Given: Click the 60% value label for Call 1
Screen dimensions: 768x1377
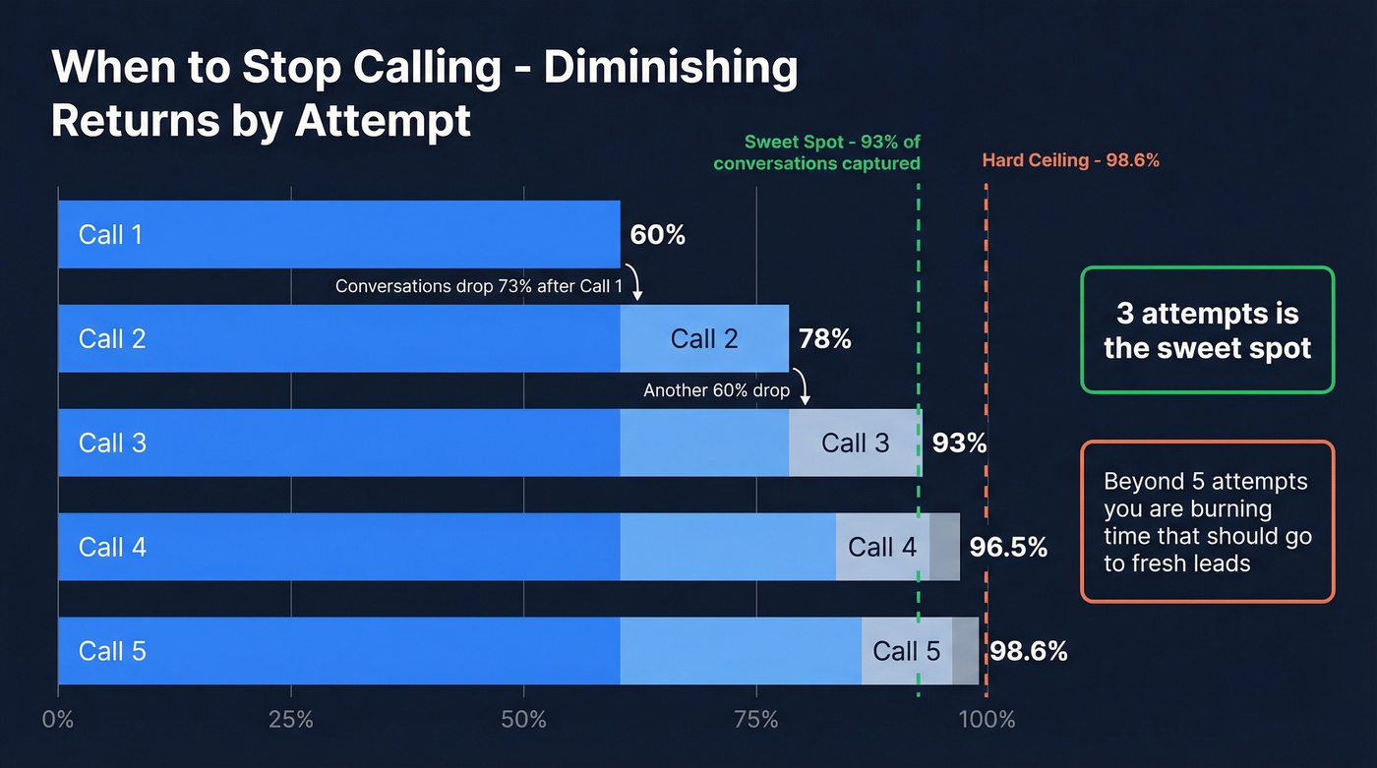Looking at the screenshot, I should pos(657,235).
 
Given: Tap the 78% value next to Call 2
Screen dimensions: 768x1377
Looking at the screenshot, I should pos(825,339).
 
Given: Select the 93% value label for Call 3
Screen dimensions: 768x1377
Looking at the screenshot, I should pos(959,443).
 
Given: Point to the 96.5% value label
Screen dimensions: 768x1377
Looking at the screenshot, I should pos(1008,548).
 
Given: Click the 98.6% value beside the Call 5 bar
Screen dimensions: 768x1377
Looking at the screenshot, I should pos(1028,651).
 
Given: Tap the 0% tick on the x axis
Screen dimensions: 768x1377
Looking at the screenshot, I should pos(58,719).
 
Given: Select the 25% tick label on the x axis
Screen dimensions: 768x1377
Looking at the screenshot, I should pos(290,719).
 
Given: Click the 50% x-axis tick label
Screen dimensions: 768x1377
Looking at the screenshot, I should pos(523,719).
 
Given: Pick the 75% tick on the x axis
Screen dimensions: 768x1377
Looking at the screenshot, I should pos(755,719).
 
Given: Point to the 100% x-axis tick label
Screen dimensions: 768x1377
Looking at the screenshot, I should pos(986,719).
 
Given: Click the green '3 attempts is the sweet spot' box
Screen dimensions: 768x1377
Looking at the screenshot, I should pos(1207,330).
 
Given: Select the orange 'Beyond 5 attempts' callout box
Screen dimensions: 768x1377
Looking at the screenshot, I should pos(1207,521).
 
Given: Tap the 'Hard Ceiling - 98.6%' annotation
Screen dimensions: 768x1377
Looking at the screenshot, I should pos(1070,160).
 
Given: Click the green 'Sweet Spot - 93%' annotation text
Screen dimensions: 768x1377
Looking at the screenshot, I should pos(816,152).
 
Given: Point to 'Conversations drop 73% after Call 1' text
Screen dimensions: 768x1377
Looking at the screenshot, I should pos(479,286).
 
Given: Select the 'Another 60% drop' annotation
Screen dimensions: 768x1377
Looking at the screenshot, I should pos(716,390).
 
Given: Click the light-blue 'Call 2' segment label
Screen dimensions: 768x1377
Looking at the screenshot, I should pos(703,339).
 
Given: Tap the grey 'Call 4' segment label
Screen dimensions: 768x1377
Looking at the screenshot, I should pos(882,548).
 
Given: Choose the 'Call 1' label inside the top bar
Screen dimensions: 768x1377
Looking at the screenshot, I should pos(110,235).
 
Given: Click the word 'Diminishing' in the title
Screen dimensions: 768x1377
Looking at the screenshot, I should pos(671,69).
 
